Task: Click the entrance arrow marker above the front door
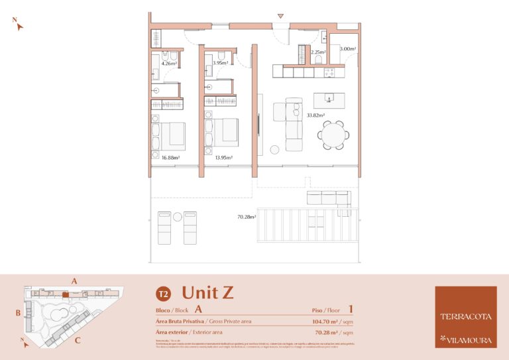tap(280, 16)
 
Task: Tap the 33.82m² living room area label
tap(315, 115)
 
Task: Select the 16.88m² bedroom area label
tap(171, 158)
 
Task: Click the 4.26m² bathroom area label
tap(169, 64)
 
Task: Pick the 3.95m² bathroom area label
tap(221, 63)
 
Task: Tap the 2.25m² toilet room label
tap(318, 52)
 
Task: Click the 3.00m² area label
tap(347, 49)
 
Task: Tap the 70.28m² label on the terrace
tap(247, 216)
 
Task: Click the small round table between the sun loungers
tap(178, 217)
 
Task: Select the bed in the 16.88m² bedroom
tap(170, 135)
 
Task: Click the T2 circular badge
tap(162, 294)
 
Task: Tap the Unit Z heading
tap(207, 292)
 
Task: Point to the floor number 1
tap(350, 308)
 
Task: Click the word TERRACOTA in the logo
tap(465, 316)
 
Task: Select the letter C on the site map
tap(78, 341)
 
